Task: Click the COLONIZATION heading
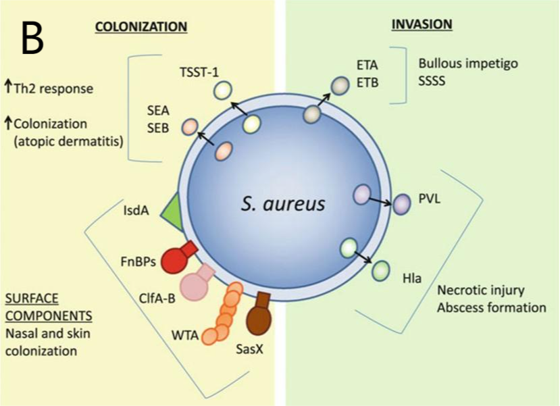coord(141,27)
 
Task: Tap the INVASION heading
coord(422,24)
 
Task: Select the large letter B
coord(32,38)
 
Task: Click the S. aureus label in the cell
coord(283,204)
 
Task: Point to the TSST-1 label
coord(199,72)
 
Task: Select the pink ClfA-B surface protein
coord(197,282)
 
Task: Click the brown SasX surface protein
coord(259,313)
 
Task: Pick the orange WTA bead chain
coord(222,314)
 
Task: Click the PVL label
coord(429,199)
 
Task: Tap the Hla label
coord(412,278)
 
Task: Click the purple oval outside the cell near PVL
coord(402,204)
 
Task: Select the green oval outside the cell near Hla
coord(381,271)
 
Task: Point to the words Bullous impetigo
coord(468,64)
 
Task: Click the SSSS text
coord(432,81)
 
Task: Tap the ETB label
coord(367,82)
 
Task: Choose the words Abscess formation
coord(492,307)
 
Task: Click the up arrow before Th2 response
coord(8,86)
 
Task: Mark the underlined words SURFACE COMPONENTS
coord(49,307)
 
